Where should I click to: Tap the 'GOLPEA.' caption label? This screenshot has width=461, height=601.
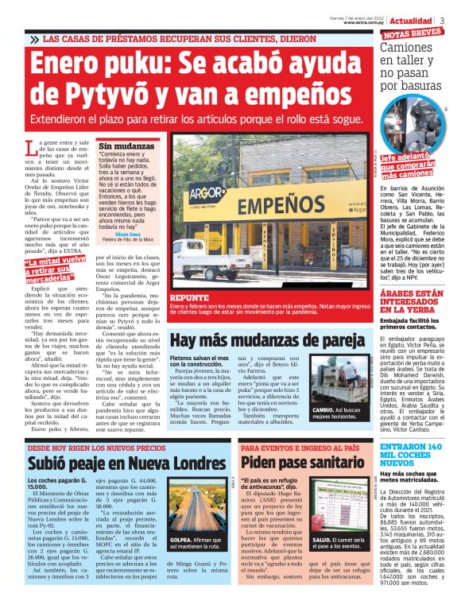tap(183, 541)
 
